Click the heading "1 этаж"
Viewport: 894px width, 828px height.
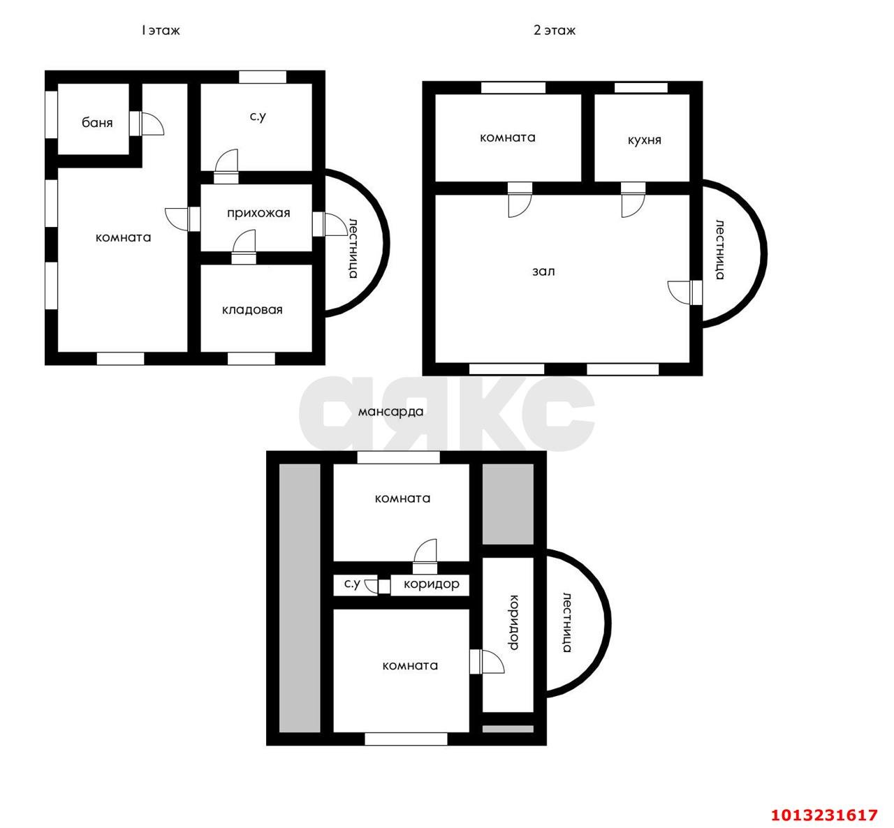pyautogui.click(x=161, y=31)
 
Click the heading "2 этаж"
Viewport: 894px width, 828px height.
pyautogui.click(x=554, y=31)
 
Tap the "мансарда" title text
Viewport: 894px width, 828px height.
pyautogui.click(x=390, y=412)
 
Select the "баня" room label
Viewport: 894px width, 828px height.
pyautogui.click(x=97, y=122)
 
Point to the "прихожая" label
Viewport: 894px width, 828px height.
pyautogui.click(x=258, y=213)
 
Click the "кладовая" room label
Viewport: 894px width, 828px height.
pyautogui.click(x=252, y=309)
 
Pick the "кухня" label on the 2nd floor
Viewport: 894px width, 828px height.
pyautogui.click(x=644, y=140)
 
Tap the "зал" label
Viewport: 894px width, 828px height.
pyautogui.click(x=543, y=272)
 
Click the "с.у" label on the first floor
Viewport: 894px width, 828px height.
pyautogui.click(x=258, y=117)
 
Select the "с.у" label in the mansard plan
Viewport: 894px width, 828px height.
pyautogui.click(x=352, y=584)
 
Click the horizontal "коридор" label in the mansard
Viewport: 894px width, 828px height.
pyautogui.click(x=431, y=584)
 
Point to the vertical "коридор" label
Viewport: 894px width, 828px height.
pyautogui.click(x=513, y=623)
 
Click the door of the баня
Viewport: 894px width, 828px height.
pyautogui.click(x=147, y=124)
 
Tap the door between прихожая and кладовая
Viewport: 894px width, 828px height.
pyautogui.click(x=244, y=246)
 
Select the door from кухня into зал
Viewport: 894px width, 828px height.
pyautogui.click(x=633, y=200)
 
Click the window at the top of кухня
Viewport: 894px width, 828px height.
pyautogui.click(x=640, y=88)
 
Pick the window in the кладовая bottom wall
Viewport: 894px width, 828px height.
pyautogui.click(x=251, y=359)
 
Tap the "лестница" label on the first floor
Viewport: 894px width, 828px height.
pyautogui.click(x=353, y=249)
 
